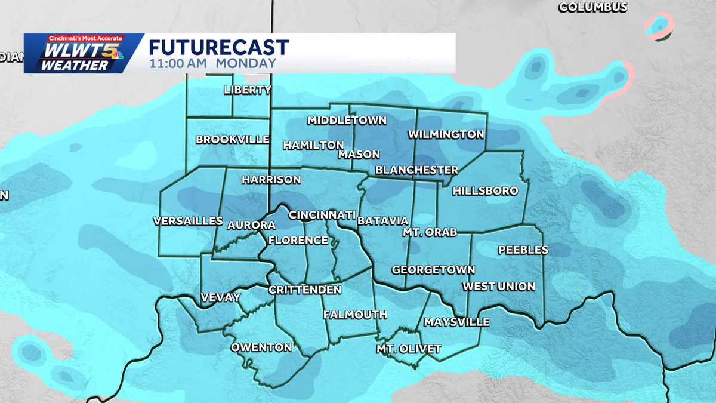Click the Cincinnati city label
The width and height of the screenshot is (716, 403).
(322, 215)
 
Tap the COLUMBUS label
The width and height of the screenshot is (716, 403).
(592, 7)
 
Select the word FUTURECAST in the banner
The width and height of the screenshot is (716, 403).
(219, 48)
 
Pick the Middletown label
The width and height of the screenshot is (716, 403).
(347, 121)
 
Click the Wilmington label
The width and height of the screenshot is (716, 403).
(446, 134)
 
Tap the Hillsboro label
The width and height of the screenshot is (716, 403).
(485, 191)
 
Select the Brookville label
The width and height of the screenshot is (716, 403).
(233, 140)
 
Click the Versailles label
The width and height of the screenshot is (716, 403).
(188, 221)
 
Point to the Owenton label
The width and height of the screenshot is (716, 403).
(261, 347)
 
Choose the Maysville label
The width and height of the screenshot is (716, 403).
(456, 322)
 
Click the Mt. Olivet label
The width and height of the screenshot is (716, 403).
(409, 349)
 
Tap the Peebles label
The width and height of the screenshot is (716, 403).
(523, 250)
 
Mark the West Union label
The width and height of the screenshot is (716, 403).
(499, 287)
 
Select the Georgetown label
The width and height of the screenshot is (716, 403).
(433, 270)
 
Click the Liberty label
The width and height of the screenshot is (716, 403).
(248, 90)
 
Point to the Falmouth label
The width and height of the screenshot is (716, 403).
(355, 315)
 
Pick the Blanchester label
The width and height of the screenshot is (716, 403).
(416, 170)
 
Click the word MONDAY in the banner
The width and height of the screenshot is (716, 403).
(246, 63)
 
